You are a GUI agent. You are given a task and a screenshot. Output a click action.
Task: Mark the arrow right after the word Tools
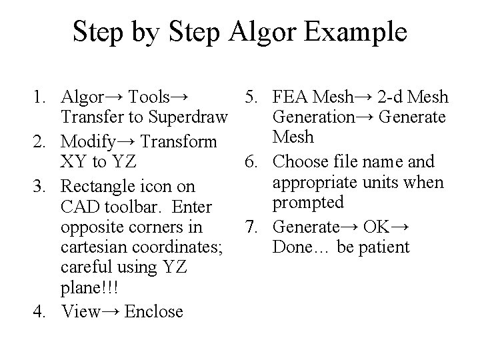(179, 99)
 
